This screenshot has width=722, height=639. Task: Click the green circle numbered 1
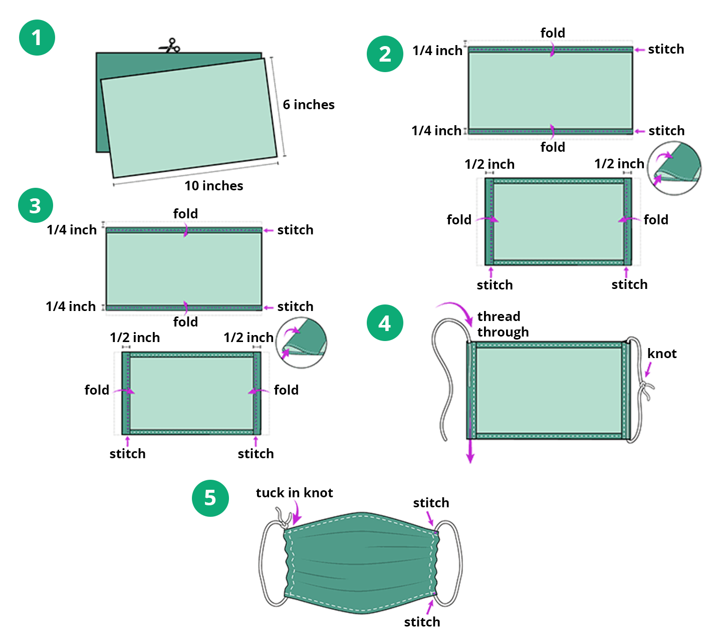tap(37, 38)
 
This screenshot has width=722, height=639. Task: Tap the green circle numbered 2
tap(385, 54)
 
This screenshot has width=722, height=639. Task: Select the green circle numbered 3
tap(35, 206)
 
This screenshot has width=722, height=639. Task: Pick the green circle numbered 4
tap(384, 323)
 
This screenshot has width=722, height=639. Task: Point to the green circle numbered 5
tap(210, 498)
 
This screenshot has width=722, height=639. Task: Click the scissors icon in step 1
tap(170, 47)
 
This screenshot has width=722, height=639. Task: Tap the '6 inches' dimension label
tap(308, 105)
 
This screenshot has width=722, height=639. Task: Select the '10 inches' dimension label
tap(213, 186)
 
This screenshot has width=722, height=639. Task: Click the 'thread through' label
tap(502, 324)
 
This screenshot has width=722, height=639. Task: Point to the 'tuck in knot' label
tap(294, 493)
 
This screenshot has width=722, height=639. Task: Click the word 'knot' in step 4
tap(661, 354)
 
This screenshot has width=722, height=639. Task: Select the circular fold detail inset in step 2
tap(674, 168)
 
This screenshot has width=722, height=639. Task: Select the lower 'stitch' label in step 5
tap(422, 622)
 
